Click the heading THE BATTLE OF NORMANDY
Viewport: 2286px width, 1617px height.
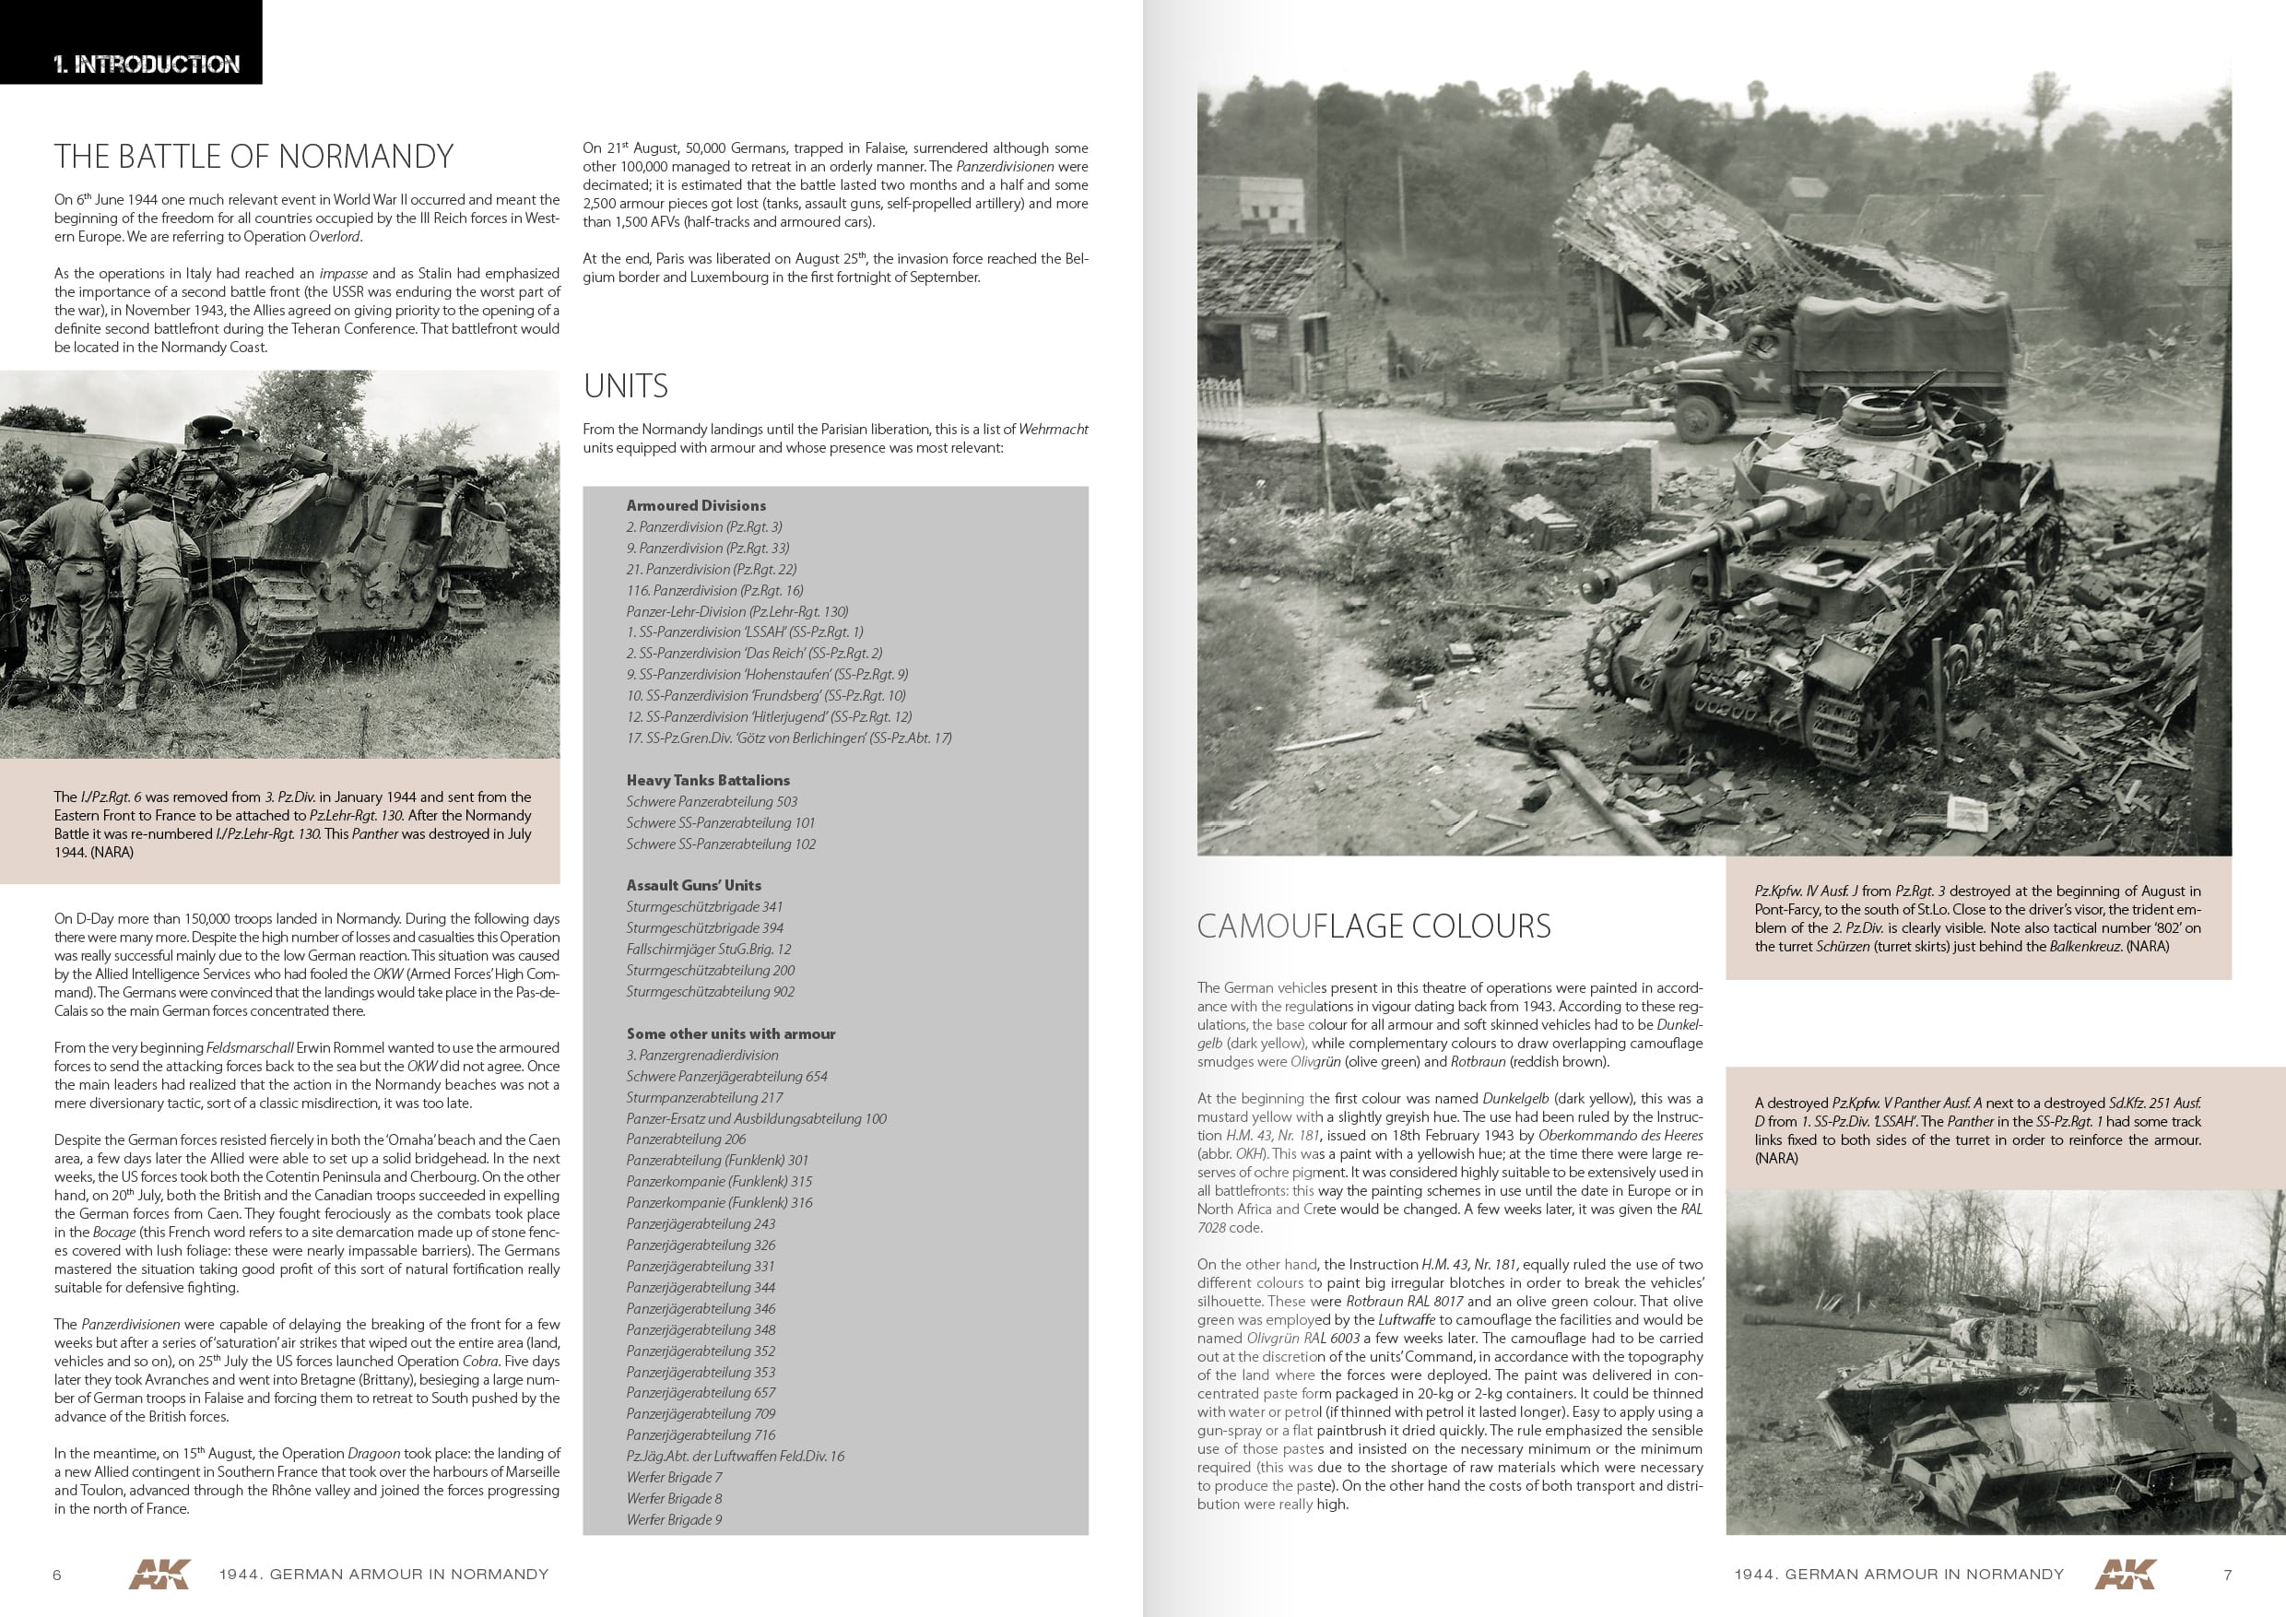click(x=253, y=157)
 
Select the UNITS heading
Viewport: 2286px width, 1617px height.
click(x=625, y=386)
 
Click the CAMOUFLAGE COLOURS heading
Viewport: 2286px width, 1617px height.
click(x=1373, y=926)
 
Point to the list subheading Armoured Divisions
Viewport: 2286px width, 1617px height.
click(x=696, y=506)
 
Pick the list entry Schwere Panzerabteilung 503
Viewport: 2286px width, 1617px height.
click(x=711, y=801)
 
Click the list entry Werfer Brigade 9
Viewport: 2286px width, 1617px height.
click(x=674, y=1519)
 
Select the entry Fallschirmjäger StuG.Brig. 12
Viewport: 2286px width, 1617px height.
click(x=708, y=949)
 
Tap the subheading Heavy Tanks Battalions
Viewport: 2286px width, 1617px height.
click(x=707, y=781)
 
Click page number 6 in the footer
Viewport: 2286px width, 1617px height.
click(x=57, y=1575)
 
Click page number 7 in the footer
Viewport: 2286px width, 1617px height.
click(x=2227, y=1575)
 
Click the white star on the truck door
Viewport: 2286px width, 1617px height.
click(x=1761, y=382)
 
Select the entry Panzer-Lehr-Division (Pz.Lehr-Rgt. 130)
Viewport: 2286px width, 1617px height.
click(x=736, y=611)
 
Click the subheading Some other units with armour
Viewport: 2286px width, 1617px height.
click(x=730, y=1033)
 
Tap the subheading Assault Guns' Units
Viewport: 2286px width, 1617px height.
click(x=693, y=885)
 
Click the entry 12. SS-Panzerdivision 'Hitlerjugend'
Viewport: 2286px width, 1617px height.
click(x=769, y=717)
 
